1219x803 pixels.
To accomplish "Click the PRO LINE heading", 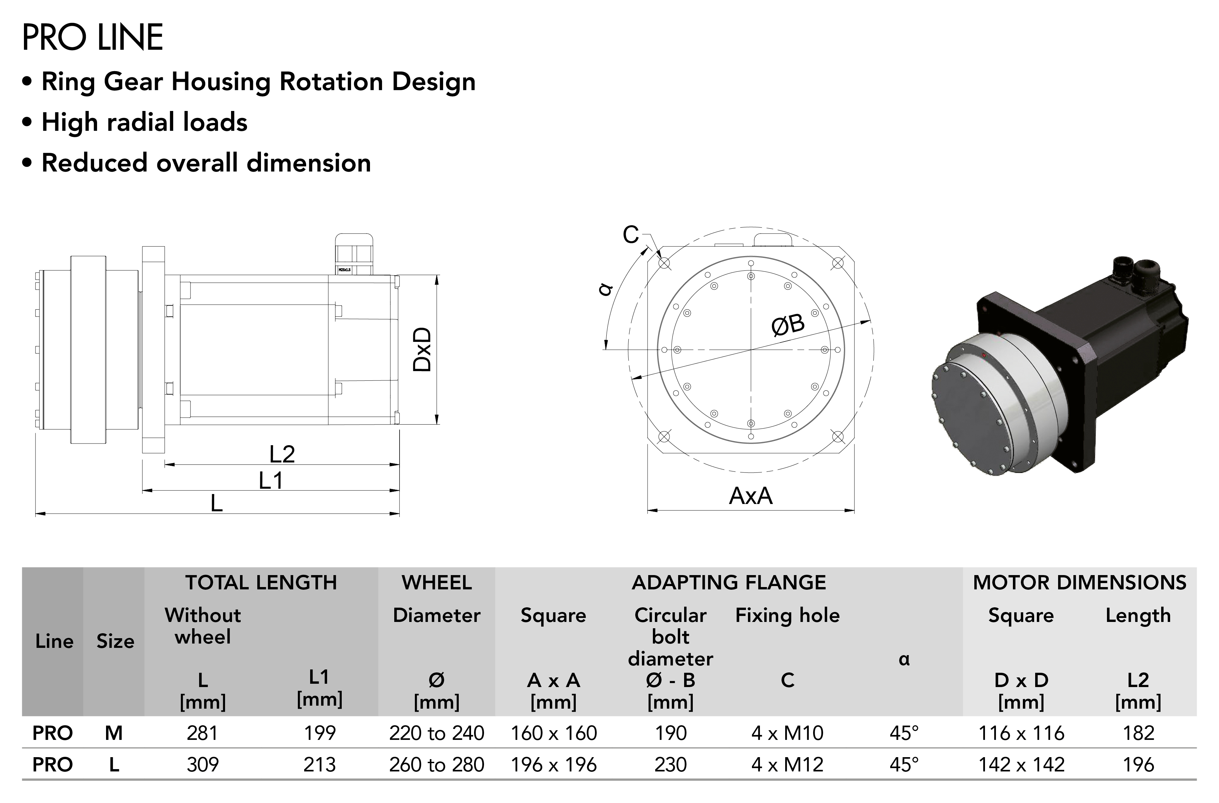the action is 93,38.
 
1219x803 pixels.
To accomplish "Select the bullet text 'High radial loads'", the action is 145,122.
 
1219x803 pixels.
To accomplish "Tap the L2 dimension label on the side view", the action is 282,454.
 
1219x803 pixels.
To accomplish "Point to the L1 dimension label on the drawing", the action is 271,481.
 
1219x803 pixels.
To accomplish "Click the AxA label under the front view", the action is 751,496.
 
